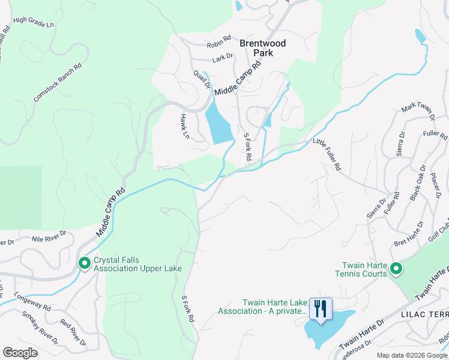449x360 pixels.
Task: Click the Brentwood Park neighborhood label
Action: (x=262, y=48)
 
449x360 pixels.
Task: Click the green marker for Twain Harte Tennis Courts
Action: (x=396, y=269)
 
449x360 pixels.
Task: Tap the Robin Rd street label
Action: (x=218, y=41)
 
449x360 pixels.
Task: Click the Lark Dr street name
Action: (x=221, y=59)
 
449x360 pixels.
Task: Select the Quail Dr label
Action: (x=202, y=79)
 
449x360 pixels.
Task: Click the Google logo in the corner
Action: (x=20, y=352)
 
